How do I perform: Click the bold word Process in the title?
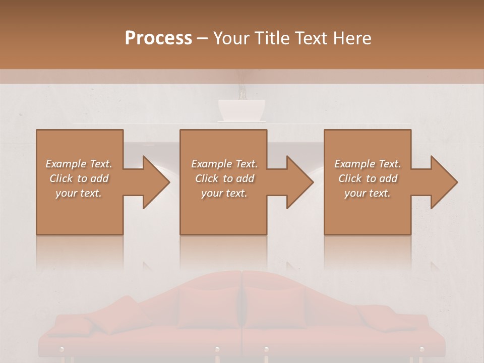158,38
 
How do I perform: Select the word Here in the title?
351,38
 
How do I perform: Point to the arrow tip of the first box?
168,183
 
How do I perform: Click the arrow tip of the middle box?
312,183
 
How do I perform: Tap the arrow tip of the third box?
456,183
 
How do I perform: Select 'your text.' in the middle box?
224,193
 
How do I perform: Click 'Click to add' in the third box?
368,178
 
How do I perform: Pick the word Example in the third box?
354,164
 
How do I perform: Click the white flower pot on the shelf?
241,110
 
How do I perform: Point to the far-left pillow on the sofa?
76,325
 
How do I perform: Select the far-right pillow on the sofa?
386,319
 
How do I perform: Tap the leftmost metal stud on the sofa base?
62,349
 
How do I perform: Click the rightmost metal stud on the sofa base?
422,349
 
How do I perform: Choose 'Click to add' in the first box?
79,178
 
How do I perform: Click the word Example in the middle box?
211,164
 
